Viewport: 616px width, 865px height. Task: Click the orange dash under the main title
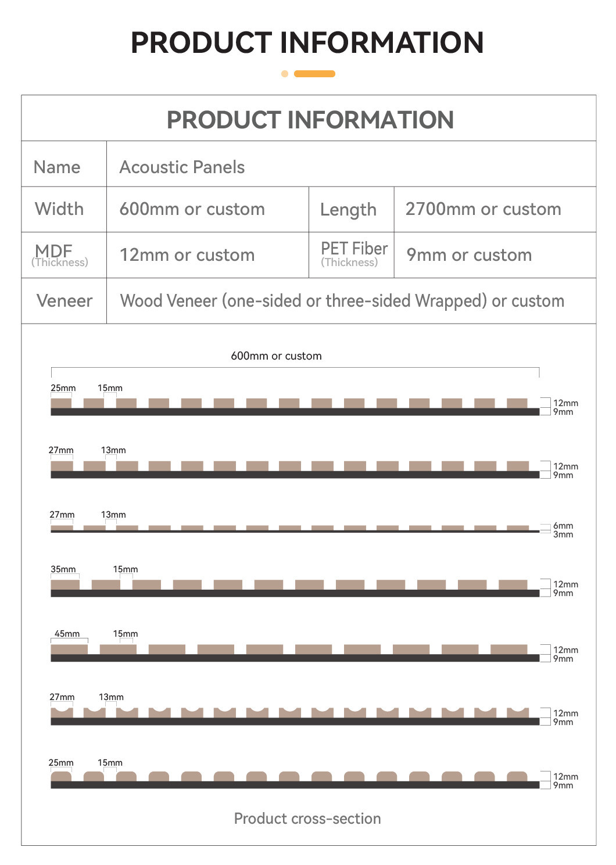pos(314,74)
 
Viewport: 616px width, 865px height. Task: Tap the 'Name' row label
pos(57,167)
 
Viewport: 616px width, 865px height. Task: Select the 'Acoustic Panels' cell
pos(182,167)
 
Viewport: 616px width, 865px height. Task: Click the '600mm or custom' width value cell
pos(192,209)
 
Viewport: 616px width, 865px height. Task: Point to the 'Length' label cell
pos(348,210)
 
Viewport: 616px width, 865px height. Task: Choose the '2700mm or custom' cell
pos(483,209)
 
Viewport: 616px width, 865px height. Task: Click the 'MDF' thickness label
pos(54,251)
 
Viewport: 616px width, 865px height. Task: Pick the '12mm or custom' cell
pos(187,255)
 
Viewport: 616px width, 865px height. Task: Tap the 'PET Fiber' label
pos(354,249)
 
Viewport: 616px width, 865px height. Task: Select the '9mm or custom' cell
pos(469,255)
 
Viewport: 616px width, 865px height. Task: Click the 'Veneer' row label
pos(65,301)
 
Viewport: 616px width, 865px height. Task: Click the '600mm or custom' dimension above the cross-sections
pos(276,356)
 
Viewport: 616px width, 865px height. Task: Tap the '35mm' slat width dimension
pos(63,569)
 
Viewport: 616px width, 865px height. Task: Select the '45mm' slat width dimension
pos(67,634)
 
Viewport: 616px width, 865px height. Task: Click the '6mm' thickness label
pos(563,526)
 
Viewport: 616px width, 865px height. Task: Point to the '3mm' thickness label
pos(563,534)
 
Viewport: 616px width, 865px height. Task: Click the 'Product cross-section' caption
pos(307,819)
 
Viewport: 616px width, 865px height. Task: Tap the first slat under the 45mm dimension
pos(69,649)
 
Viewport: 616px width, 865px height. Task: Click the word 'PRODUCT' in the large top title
pos(201,42)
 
